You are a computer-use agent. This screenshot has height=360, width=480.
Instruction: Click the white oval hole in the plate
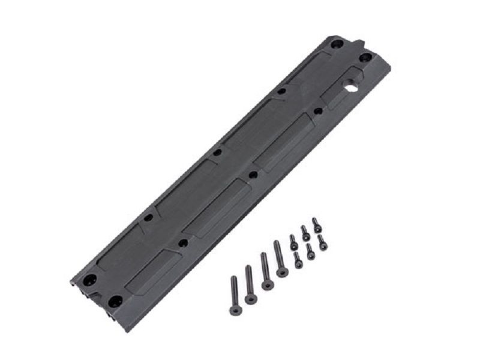(x=350, y=88)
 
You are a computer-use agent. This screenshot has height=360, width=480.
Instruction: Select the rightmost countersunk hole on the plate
(x=366, y=58)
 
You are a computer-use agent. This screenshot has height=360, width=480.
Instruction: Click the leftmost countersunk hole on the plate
(x=90, y=280)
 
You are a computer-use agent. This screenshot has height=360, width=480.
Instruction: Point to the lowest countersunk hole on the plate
(x=115, y=299)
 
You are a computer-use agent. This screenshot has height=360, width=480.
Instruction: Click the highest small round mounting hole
(x=281, y=92)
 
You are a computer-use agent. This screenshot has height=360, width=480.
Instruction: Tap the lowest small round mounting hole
(x=183, y=243)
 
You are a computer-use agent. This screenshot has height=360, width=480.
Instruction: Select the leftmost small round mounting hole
(x=148, y=219)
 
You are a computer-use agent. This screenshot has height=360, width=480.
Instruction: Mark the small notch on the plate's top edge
(x=359, y=43)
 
